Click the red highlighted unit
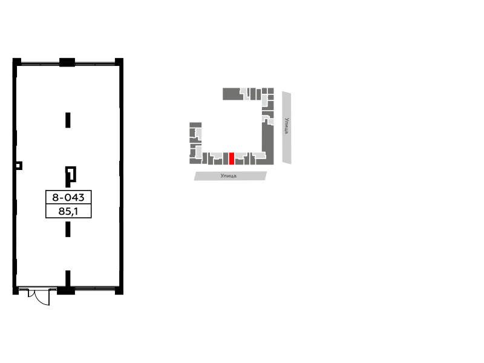click(232, 159)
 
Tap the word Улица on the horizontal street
click(228, 176)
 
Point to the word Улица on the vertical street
click(287, 125)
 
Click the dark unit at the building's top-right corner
click(271, 91)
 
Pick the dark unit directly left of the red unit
click(226, 159)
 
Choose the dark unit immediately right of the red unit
click(239, 162)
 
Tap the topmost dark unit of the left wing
click(195, 125)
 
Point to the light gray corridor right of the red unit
click(240, 155)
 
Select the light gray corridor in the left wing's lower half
click(198, 151)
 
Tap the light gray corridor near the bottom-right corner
click(260, 155)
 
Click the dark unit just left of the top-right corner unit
click(264, 91)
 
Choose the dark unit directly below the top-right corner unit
click(271, 97)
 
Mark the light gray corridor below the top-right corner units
click(264, 100)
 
